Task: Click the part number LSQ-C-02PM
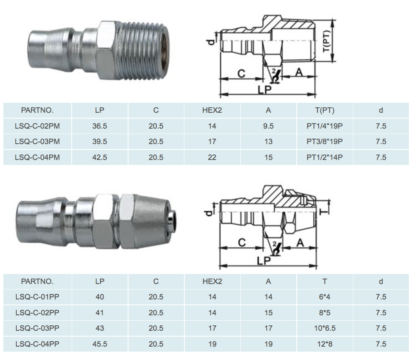pyautogui.click(x=37, y=126)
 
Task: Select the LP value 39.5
pyautogui.click(x=100, y=142)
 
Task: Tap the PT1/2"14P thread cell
pyautogui.click(x=325, y=157)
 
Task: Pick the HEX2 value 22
pyautogui.click(x=212, y=157)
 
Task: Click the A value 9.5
pyautogui.click(x=268, y=126)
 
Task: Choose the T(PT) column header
pyautogui.click(x=325, y=110)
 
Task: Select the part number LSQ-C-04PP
pyautogui.click(x=37, y=344)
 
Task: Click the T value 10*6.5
pyautogui.click(x=325, y=328)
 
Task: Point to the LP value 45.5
pyautogui.click(x=100, y=344)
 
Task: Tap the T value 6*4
pyautogui.click(x=325, y=297)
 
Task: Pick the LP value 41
pyautogui.click(x=100, y=313)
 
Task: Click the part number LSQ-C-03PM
pyautogui.click(x=37, y=142)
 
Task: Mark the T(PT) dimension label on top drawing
pyautogui.click(x=327, y=41)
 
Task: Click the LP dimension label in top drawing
pyautogui.click(x=264, y=90)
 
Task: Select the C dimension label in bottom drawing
pyautogui.click(x=242, y=243)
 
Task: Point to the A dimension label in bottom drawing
pyautogui.click(x=300, y=243)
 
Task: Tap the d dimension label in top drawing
pyautogui.click(x=211, y=42)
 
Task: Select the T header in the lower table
pyautogui.click(x=325, y=281)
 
